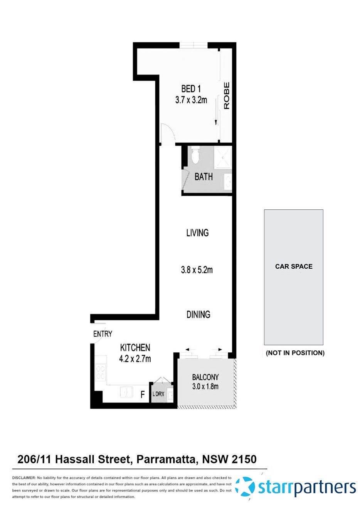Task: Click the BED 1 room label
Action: click(191, 89)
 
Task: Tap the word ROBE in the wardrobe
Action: click(227, 95)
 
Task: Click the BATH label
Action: click(203, 177)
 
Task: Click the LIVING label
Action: click(197, 233)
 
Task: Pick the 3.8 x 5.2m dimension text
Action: click(197, 270)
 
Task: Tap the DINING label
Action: click(198, 314)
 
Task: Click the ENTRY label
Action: click(103, 334)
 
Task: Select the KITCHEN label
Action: click(135, 347)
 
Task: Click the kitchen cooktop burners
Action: click(101, 372)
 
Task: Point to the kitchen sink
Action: click(126, 392)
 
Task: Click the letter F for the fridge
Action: click(143, 395)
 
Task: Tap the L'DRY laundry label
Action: click(158, 394)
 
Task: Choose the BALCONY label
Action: click(205, 377)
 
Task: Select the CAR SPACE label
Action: click(294, 266)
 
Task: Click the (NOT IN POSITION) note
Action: click(295, 353)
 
